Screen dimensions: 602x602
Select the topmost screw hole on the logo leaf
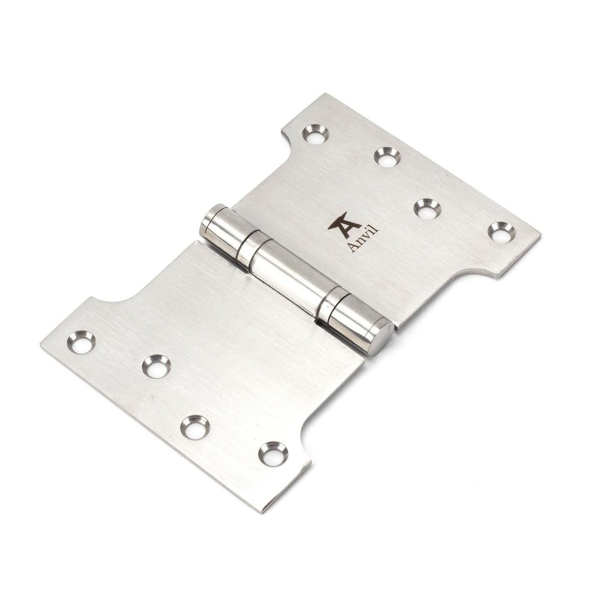(315, 134)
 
